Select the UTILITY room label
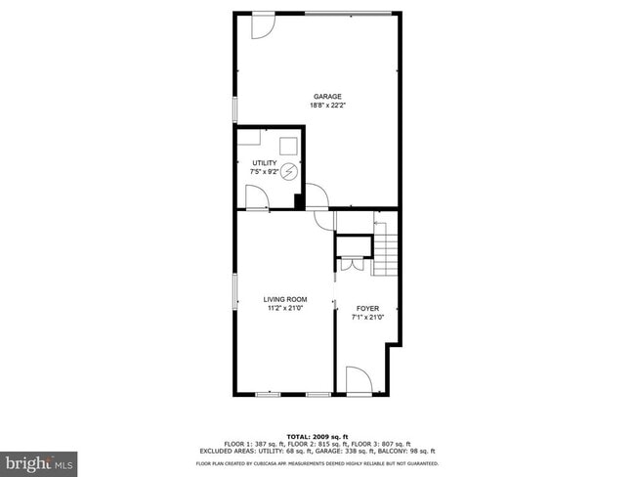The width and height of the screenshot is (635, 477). click(264, 163)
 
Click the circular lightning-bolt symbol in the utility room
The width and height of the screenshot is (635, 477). click(288, 168)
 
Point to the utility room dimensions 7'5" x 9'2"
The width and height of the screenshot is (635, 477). click(264, 172)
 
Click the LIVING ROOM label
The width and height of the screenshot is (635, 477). click(285, 299)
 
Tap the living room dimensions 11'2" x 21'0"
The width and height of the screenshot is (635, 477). click(285, 308)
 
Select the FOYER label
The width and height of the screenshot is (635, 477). click(368, 308)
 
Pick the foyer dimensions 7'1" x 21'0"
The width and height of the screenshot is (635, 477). click(368, 317)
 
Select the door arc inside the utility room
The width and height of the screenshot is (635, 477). click(256, 198)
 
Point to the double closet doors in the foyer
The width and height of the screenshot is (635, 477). click(350, 262)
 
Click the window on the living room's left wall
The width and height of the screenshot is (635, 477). click(233, 291)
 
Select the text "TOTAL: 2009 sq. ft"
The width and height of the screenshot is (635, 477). click(317, 436)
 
